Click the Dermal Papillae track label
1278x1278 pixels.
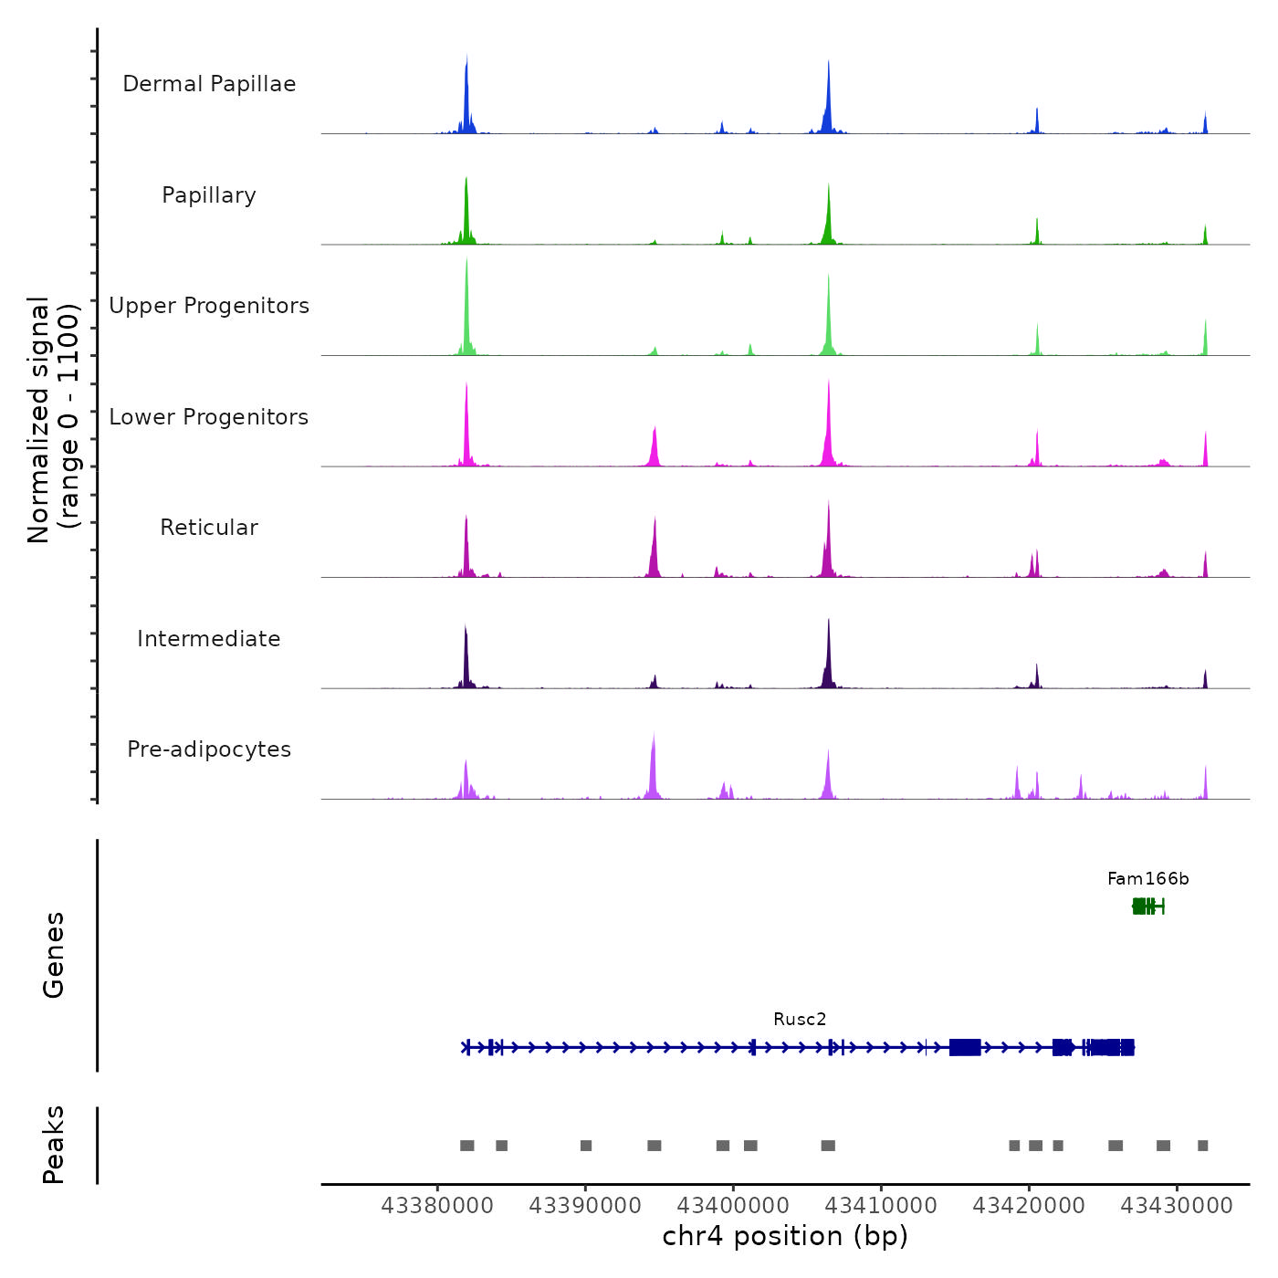coord(209,84)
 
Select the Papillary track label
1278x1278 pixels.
coord(209,195)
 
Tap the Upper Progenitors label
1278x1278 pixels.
coord(209,306)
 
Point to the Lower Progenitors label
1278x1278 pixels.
coord(209,417)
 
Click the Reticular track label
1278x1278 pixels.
coord(209,528)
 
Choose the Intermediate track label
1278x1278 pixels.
coord(209,639)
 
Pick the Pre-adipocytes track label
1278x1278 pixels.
coord(209,749)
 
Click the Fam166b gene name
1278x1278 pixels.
coord(1147,879)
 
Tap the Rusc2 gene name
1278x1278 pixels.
coord(800,1020)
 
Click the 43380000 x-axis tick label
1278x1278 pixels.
coord(437,1206)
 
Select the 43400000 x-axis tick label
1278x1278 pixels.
coord(733,1206)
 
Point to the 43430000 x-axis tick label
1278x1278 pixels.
coord(1177,1206)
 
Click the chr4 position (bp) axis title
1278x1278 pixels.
coord(785,1237)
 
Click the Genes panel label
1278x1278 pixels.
coord(54,955)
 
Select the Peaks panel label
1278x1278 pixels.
coord(54,1145)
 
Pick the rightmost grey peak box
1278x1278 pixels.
coord(1203,1146)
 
